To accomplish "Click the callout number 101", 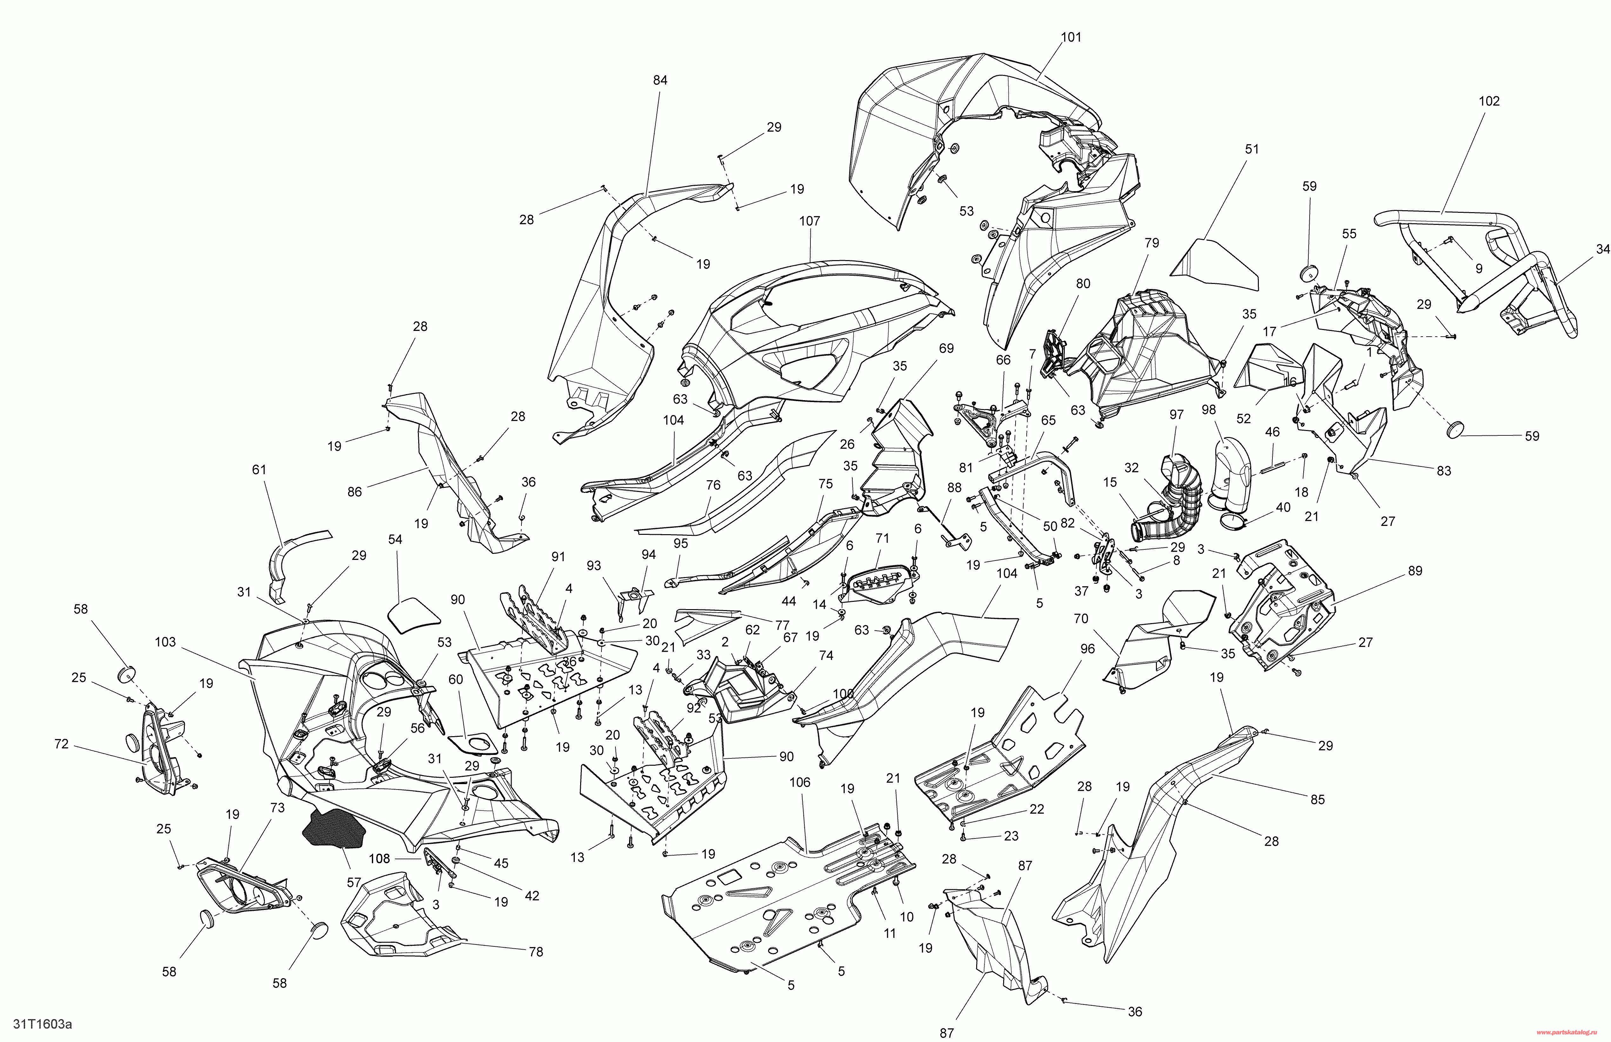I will click(1071, 37).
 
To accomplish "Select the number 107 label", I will click(809, 221).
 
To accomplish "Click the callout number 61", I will click(259, 470).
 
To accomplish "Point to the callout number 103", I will click(165, 642).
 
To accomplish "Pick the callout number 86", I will click(354, 492).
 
